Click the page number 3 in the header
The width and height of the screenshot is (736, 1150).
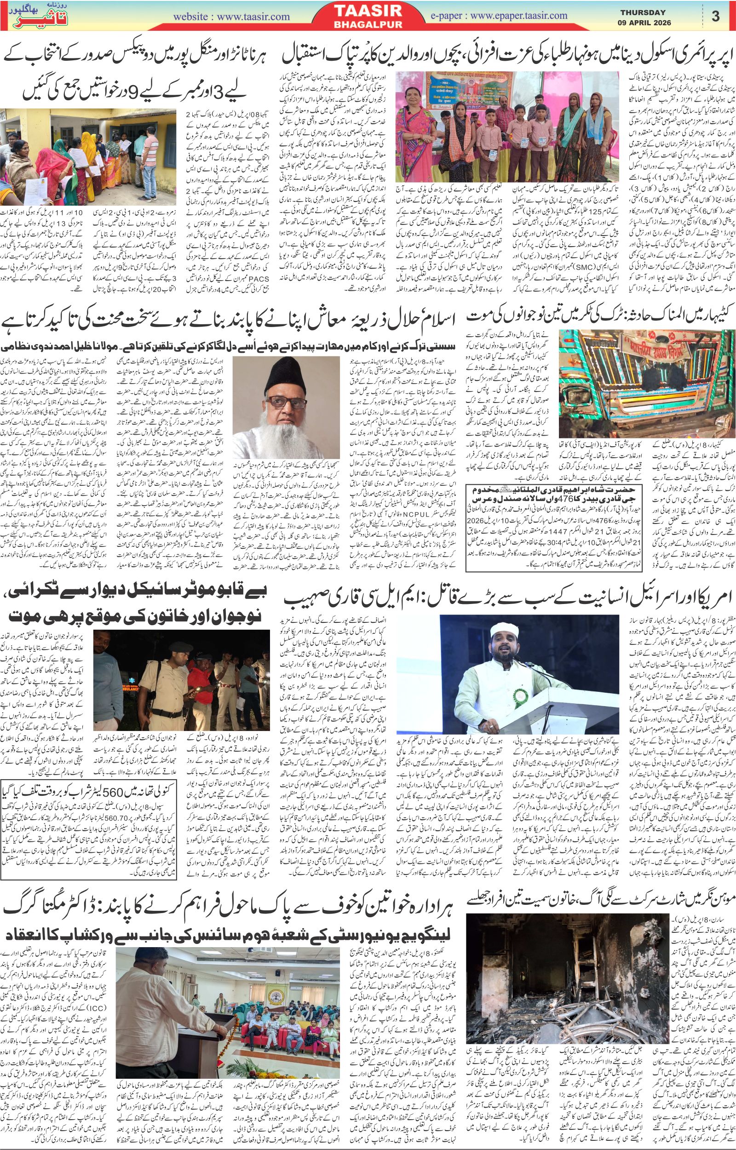[x=715, y=16]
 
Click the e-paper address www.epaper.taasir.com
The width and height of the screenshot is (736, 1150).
[x=518, y=16]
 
